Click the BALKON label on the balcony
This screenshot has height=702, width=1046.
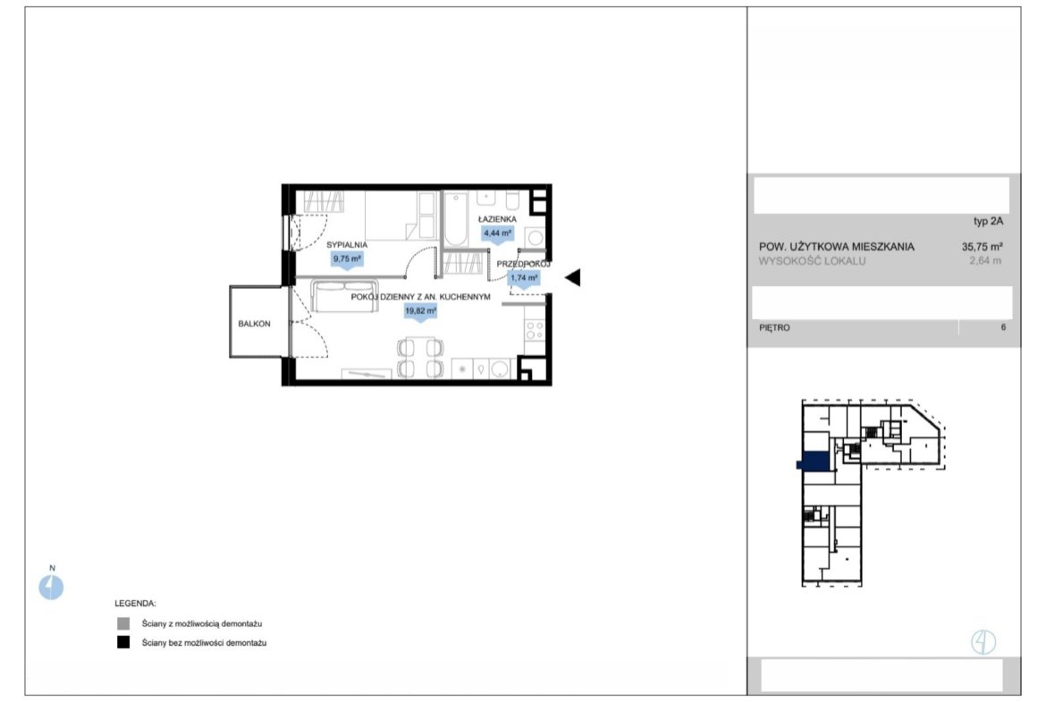point(254,324)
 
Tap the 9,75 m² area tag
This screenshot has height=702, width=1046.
point(348,259)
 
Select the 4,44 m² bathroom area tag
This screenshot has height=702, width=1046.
point(498,233)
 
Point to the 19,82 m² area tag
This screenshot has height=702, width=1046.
point(420,311)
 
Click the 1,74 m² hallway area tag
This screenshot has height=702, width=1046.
point(524,278)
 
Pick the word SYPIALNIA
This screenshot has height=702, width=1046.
point(347,245)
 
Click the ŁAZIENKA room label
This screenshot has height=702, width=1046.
point(497,219)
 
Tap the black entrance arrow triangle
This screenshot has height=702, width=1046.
point(573,277)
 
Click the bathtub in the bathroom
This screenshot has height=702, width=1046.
point(457,219)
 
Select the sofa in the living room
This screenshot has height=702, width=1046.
point(344,296)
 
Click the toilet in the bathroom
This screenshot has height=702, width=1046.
point(512,199)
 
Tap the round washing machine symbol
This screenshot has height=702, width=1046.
point(535,237)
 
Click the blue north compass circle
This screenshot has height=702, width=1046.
point(51,588)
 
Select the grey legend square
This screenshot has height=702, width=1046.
point(123,624)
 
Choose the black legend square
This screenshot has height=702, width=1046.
point(123,643)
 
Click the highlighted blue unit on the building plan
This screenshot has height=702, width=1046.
point(814,461)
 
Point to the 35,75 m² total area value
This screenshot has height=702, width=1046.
point(982,246)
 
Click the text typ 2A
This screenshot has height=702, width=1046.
point(988,222)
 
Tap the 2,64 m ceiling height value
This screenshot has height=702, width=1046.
point(985,261)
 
